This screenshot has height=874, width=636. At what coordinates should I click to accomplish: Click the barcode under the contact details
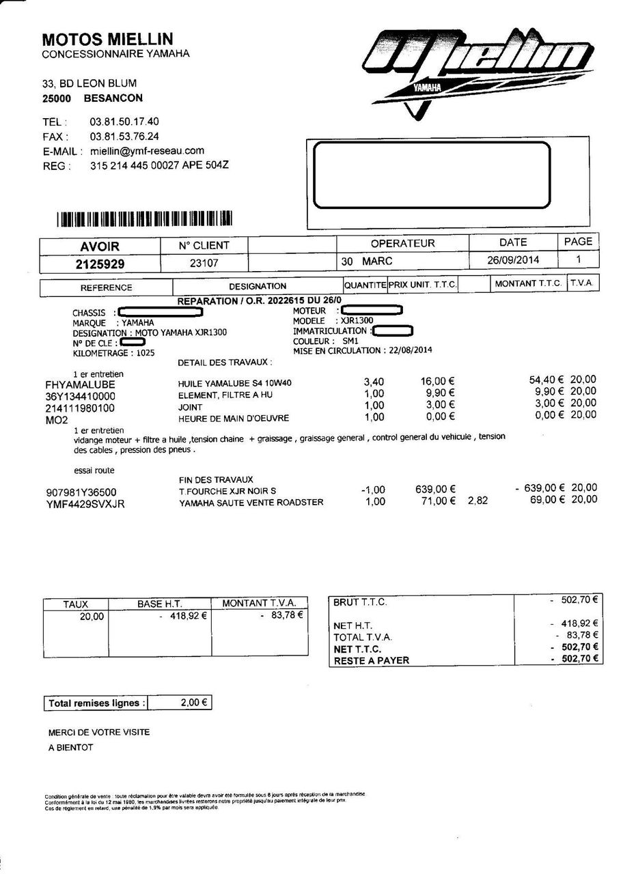(145, 219)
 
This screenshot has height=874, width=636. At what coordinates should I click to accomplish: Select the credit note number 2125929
(100, 264)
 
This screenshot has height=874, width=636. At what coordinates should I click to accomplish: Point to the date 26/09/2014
(513, 260)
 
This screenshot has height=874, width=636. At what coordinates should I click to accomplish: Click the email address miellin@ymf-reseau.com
(147, 151)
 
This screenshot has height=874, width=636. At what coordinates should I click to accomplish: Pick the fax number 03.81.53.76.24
(124, 137)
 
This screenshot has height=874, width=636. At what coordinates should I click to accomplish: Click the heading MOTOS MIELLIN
(107, 39)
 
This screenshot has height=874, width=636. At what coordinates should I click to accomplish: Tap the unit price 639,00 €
(435, 489)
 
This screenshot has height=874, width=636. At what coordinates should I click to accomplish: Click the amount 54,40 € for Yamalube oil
(546, 380)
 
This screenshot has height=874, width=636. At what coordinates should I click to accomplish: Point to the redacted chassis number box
(161, 313)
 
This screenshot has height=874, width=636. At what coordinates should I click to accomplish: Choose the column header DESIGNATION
(258, 286)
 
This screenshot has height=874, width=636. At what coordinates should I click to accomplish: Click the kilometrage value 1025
(146, 353)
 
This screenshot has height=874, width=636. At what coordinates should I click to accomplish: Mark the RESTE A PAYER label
(371, 660)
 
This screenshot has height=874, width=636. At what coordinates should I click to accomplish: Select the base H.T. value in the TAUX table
(184, 615)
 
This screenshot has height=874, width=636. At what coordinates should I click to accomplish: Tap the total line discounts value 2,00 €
(195, 702)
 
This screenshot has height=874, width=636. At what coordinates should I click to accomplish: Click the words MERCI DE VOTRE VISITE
(99, 732)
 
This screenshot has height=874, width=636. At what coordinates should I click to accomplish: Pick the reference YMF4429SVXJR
(85, 504)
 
